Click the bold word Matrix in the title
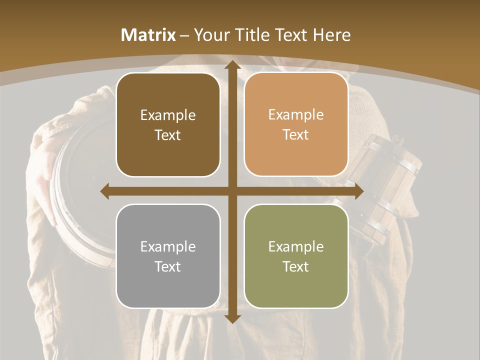click(x=148, y=35)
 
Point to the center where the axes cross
click(x=232, y=190)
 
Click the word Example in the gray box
click(x=168, y=246)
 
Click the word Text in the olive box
click(x=296, y=266)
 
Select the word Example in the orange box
click(x=296, y=114)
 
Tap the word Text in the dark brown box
click(x=168, y=135)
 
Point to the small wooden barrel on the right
click(x=385, y=190)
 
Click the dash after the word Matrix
click(x=184, y=35)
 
